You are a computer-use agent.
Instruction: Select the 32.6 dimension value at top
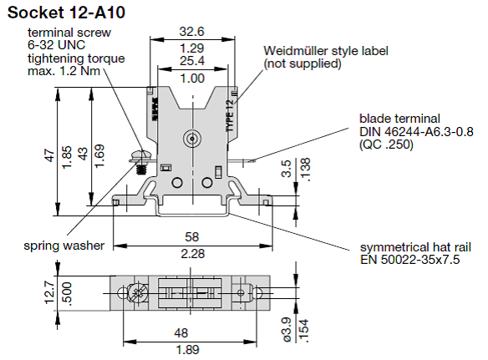point(192,33)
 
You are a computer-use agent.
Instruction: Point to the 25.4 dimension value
point(192,62)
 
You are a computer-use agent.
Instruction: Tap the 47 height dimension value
point(50,155)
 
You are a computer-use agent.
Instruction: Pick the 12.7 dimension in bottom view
point(50,292)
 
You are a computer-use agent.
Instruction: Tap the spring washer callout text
point(64,246)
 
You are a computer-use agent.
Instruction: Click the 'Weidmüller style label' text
point(326,51)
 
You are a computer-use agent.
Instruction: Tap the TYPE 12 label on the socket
point(229,114)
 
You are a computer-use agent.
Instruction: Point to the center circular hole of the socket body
point(192,138)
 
